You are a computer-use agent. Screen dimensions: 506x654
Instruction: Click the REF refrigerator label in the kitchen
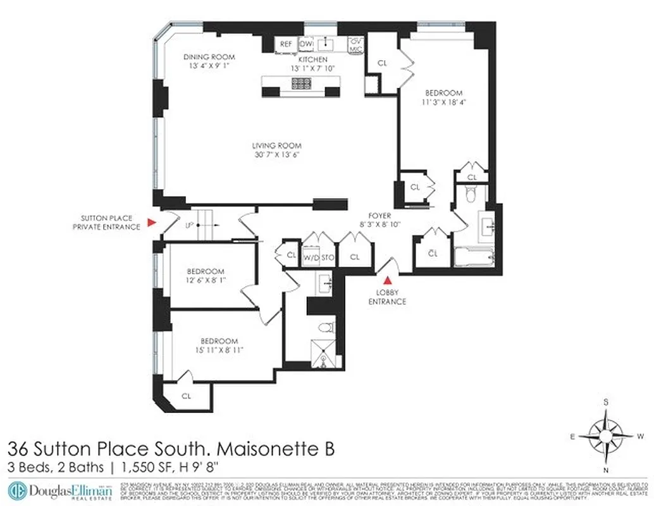click(286, 44)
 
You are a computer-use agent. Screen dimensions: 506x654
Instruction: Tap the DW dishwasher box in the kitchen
click(306, 44)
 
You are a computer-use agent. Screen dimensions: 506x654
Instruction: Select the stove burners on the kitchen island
click(300, 83)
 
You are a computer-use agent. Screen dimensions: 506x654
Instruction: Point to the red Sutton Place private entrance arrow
click(151, 222)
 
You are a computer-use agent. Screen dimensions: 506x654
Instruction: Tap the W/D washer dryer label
click(311, 257)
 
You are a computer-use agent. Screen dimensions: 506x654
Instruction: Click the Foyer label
click(380, 214)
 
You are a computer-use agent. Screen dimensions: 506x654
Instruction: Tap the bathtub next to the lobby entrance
click(473, 258)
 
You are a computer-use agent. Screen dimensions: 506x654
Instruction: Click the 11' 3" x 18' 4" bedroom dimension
click(443, 102)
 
